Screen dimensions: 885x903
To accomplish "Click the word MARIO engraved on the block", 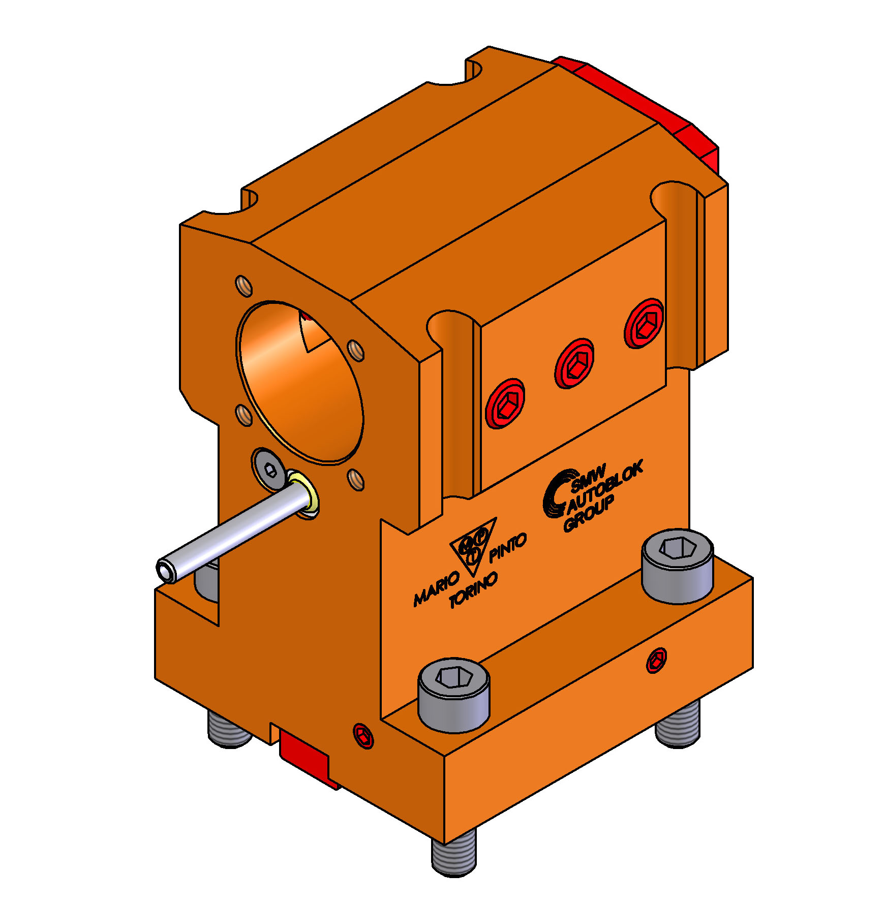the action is tap(436, 588).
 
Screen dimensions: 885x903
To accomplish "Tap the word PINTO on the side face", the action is tap(507, 548).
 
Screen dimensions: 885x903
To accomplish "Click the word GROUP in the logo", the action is tap(589, 513).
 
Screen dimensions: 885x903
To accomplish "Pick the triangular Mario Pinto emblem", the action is tap(473, 546).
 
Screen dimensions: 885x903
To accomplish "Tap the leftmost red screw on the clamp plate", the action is tap(505, 403).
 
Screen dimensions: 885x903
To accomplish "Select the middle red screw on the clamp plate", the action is tap(574, 363).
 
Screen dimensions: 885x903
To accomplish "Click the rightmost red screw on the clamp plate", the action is tap(644, 323).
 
